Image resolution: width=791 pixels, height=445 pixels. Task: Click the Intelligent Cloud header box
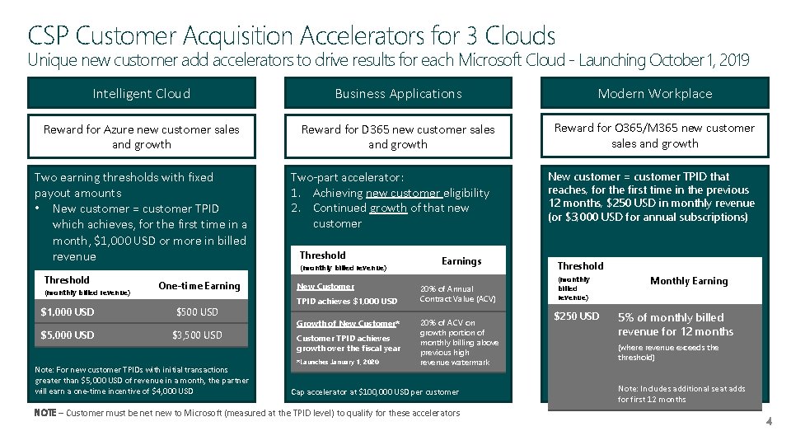[x=141, y=94]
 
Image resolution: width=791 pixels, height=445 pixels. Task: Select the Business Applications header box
[x=398, y=94]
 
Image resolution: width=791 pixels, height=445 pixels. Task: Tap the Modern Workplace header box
[x=655, y=94]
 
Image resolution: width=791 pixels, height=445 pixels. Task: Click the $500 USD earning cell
[x=199, y=311]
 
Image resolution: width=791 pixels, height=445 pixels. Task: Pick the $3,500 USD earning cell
[x=197, y=335]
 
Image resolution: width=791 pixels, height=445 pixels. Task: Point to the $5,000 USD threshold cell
[x=68, y=335]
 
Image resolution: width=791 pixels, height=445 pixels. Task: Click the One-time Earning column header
[x=199, y=286]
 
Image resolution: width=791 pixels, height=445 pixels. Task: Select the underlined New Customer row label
[x=325, y=287]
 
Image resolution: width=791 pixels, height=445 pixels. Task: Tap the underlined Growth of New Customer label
[x=348, y=323]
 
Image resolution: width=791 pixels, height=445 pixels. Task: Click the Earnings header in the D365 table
[x=461, y=261]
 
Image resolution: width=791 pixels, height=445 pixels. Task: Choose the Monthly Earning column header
[x=689, y=281]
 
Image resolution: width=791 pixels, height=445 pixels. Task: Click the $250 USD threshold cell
[x=577, y=316]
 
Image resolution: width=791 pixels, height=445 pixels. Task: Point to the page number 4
[x=768, y=422]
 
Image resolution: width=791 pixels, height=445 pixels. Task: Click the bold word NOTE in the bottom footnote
[x=45, y=412]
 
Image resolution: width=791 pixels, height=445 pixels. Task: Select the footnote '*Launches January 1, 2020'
[x=336, y=362]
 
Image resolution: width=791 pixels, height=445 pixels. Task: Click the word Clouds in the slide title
[x=520, y=35]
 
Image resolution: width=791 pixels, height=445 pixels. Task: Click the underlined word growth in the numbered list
[x=387, y=208]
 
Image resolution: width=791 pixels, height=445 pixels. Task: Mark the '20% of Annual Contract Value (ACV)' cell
[x=458, y=294]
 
